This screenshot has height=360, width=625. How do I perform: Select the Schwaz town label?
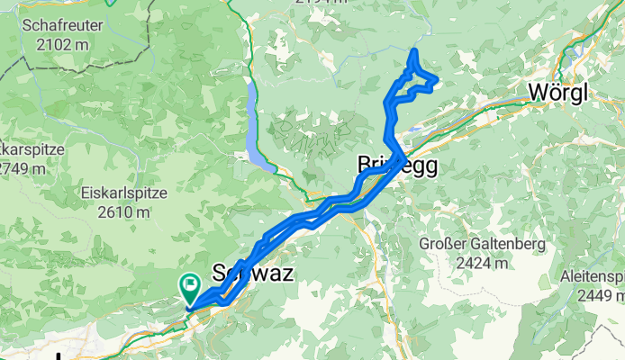(251, 274)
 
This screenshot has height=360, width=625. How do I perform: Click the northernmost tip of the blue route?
(413, 51)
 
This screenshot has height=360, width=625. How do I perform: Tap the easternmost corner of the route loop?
(437, 82)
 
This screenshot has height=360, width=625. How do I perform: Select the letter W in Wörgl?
(538, 93)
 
